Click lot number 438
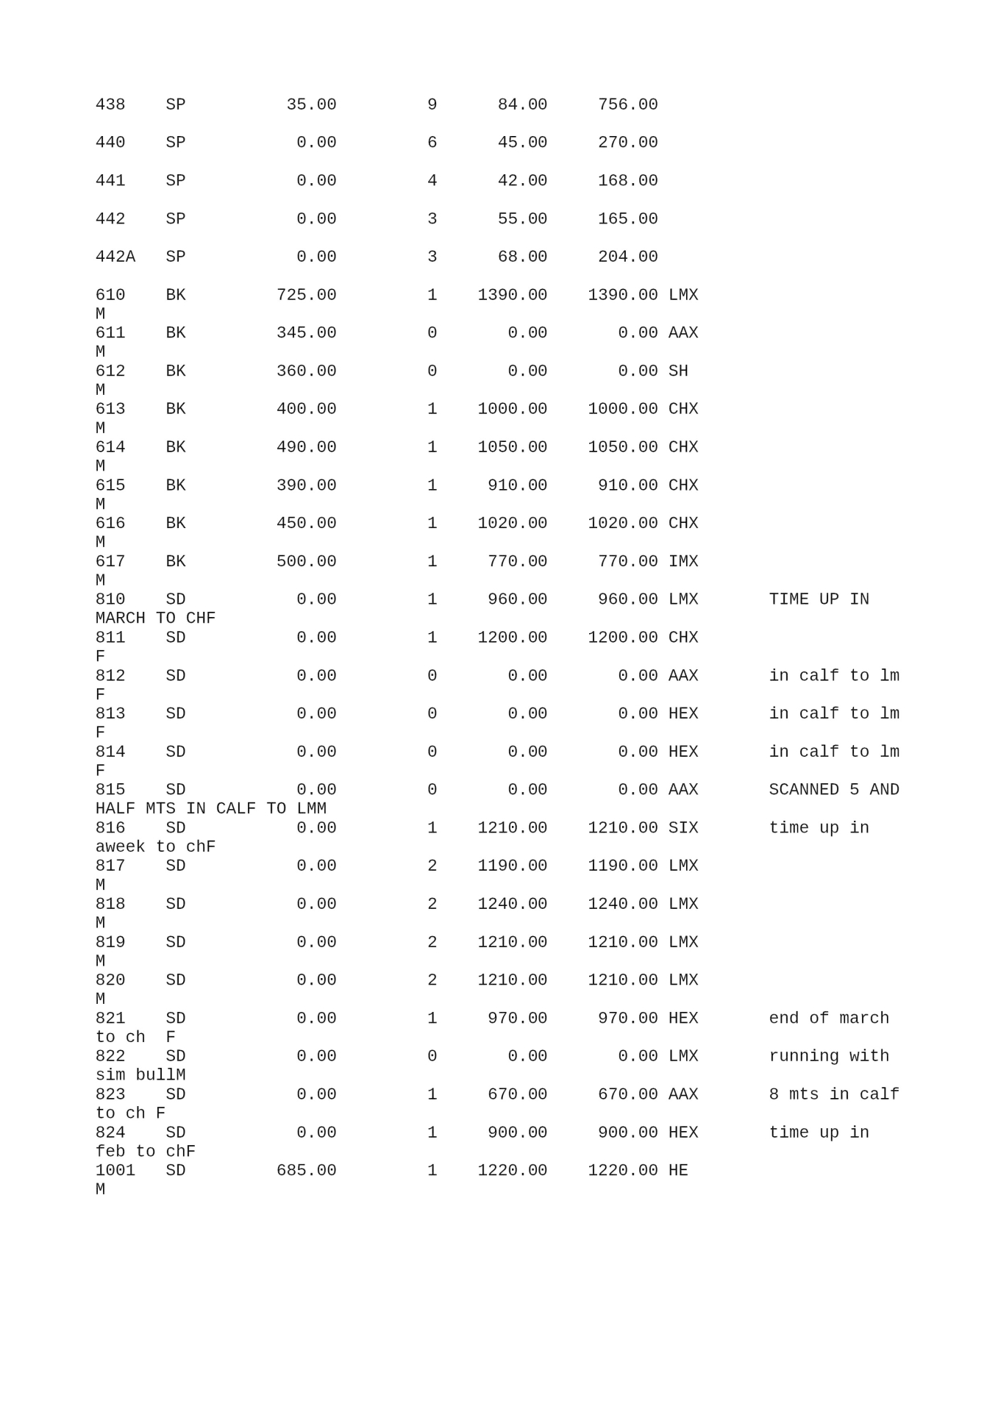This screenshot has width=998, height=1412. (x=110, y=104)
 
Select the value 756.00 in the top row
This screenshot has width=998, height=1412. (x=627, y=104)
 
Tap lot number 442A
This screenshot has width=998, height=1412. (x=115, y=257)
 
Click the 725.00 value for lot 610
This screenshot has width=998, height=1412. (x=306, y=295)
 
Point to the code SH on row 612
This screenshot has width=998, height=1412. (x=678, y=371)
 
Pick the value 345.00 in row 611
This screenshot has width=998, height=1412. (x=306, y=333)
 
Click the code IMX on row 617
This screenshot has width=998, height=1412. (x=683, y=562)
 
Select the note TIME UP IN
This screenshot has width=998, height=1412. (x=819, y=599)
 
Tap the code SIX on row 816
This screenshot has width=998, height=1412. (x=683, y=828)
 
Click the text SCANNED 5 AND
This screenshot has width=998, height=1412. (x=834, y=790)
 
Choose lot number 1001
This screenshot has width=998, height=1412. (x=115, y=1170)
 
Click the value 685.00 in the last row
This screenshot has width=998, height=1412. (x=306, y=1170)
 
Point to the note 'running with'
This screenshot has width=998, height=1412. (x=829, y=1056)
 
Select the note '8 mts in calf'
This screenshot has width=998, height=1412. (x=834, y=1094)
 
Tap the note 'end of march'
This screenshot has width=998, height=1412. (x=829, y=1019)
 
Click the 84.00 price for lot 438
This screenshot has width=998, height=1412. (x=522, y=104)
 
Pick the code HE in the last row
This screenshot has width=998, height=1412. (x=678, y=1170)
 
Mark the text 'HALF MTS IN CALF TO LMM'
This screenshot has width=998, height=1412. (x=211, y=809)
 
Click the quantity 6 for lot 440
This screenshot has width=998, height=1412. (x=432, y=143)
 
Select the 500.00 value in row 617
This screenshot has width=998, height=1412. (x=306, y=562)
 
